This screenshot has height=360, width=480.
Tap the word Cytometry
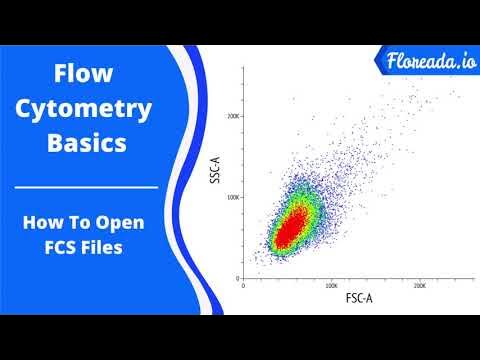click(x=87, y=107)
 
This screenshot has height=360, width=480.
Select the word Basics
click(x=87, y=142)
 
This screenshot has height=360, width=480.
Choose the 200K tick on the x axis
click(x=420, y=285)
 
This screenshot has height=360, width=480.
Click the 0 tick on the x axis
click(x=245, y=285)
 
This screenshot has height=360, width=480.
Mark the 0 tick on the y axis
click(x=238, y=277)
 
